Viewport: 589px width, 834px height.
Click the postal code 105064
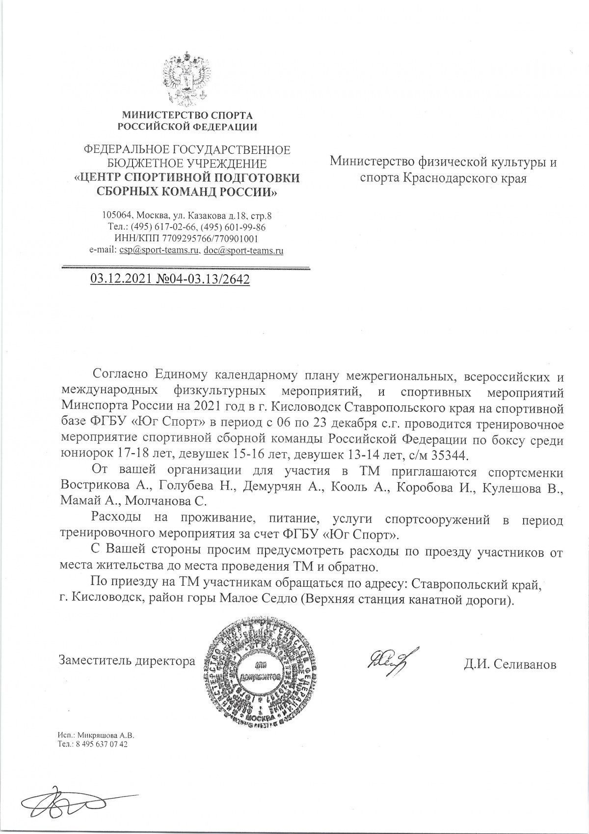point(116,215)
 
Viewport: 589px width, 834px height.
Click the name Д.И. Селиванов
point(510,665)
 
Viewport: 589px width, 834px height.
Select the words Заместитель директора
point(127,661)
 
